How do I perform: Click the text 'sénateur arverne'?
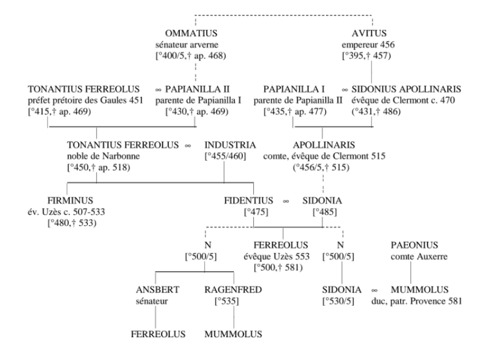192,45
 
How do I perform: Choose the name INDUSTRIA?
230,144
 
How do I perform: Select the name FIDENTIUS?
248,200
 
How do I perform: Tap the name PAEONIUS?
414,245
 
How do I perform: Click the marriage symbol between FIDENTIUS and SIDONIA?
286,200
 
